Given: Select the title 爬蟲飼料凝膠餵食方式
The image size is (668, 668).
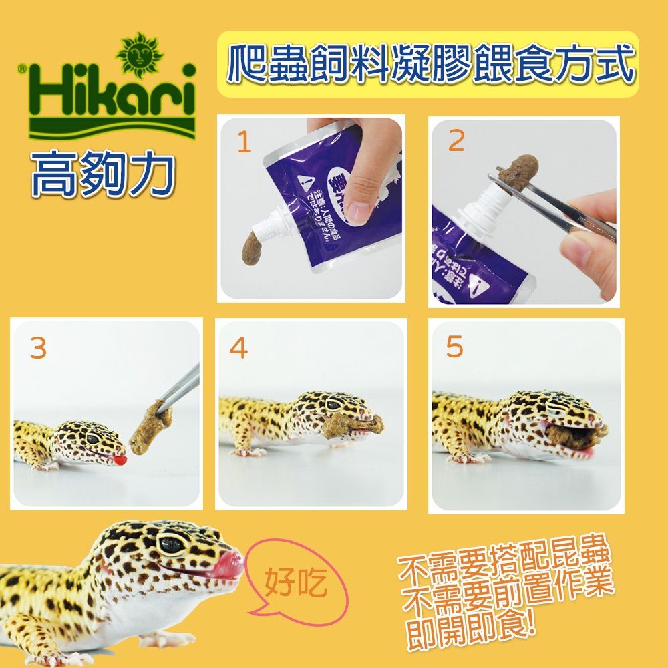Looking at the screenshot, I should pyautogui.click(x=429, y=64).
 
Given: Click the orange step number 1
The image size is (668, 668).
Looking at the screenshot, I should pyautogui.click(x=244, y=142).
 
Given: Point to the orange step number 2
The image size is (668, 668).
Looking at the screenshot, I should pyautogui.click(x=456, y=142).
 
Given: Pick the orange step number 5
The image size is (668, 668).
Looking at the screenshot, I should pyautogui.click(x=454, y=348).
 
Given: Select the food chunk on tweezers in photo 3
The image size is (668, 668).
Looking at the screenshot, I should pyautogui.click(x=150, y=426).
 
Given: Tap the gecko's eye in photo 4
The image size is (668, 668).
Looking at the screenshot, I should pyautogui.click(x=332, y=405).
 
